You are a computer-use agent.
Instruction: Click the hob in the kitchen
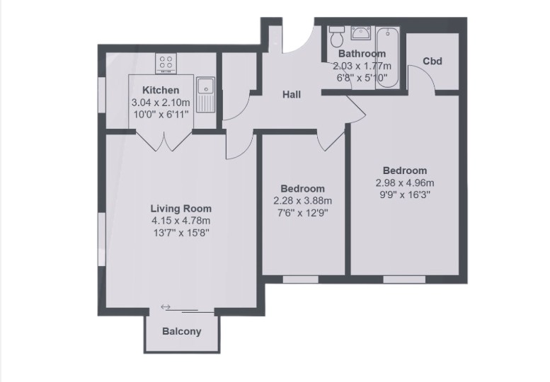[167, 63]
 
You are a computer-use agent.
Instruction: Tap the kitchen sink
[205, 94]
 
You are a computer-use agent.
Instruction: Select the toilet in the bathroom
[337, 35]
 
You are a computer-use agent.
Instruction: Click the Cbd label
[432, 61]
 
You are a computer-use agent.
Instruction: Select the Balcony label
[182, 331]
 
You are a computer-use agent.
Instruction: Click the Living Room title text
[181, 209]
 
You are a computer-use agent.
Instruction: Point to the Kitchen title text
[161, 91]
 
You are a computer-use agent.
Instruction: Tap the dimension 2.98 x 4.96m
[405, 182]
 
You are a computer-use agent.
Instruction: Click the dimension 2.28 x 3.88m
[303, 200]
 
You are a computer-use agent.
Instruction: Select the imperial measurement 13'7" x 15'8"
[181, 231]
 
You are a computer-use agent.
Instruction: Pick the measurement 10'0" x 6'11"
[161, 113]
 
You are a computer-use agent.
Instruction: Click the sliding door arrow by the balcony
[166, 306]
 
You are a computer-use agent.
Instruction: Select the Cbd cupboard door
[423, 82]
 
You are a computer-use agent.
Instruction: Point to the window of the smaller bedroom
[300, 279]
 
